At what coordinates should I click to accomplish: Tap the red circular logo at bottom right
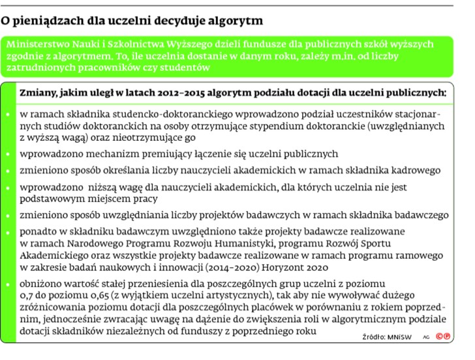444,336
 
